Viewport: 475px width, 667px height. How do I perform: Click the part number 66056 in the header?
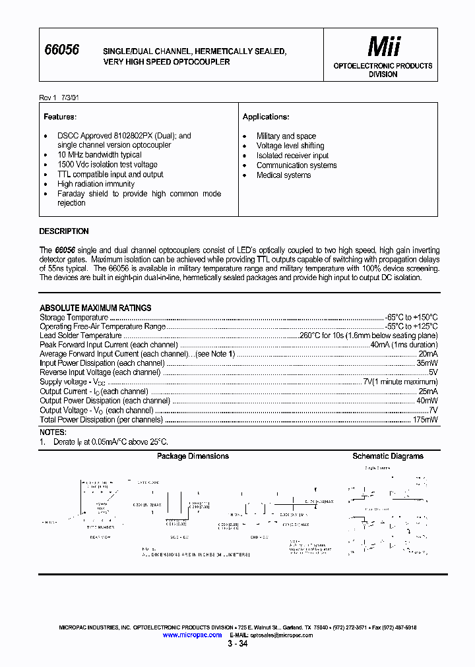(61, 50)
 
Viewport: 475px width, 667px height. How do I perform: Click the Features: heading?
(60, 117)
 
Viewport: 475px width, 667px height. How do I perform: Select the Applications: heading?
(266, 117)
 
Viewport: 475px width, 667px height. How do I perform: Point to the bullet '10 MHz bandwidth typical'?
(99, 155)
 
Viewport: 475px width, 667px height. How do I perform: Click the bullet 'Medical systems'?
(284, 175)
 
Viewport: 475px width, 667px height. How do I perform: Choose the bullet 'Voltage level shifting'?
(290, 146)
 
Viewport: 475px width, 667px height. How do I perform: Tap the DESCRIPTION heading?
(64, 231)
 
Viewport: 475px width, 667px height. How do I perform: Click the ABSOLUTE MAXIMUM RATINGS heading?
(96, 308)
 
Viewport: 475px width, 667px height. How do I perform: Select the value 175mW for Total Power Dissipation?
(426, 420)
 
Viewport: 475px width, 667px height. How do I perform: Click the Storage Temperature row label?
(73, 318)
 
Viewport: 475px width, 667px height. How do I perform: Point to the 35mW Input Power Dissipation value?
(427, 363)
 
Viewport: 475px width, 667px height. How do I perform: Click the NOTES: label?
(53, 432)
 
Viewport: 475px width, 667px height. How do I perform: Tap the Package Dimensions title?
(193, 456)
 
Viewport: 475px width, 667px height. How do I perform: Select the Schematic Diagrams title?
(388, 456)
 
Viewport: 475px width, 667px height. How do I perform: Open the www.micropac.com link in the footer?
(192, 635)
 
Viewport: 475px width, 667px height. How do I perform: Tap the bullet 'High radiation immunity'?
(96, 185)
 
